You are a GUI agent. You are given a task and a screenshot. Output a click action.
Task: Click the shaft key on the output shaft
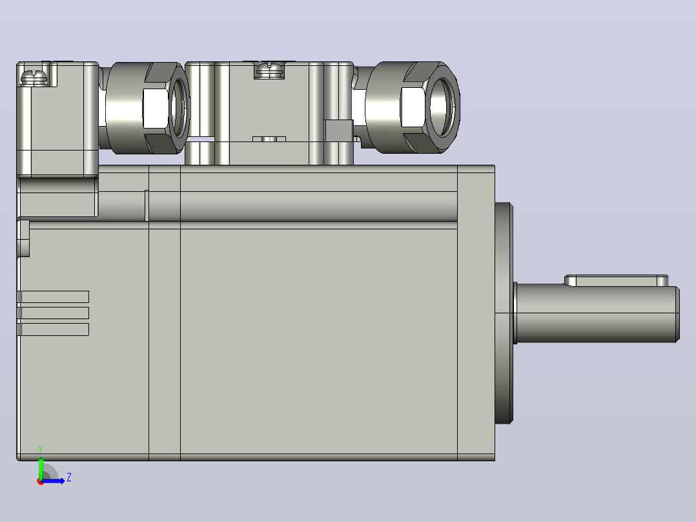616,281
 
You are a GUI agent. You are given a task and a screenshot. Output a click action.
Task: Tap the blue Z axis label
69,477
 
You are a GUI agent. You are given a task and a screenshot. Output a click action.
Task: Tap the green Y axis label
41,449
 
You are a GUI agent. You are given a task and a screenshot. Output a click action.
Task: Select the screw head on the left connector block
34,77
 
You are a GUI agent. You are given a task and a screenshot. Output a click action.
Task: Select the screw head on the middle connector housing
269,70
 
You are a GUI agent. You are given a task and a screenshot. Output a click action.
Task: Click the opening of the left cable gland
179,108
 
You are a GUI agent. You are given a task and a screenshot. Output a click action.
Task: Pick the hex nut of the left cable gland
165,108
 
